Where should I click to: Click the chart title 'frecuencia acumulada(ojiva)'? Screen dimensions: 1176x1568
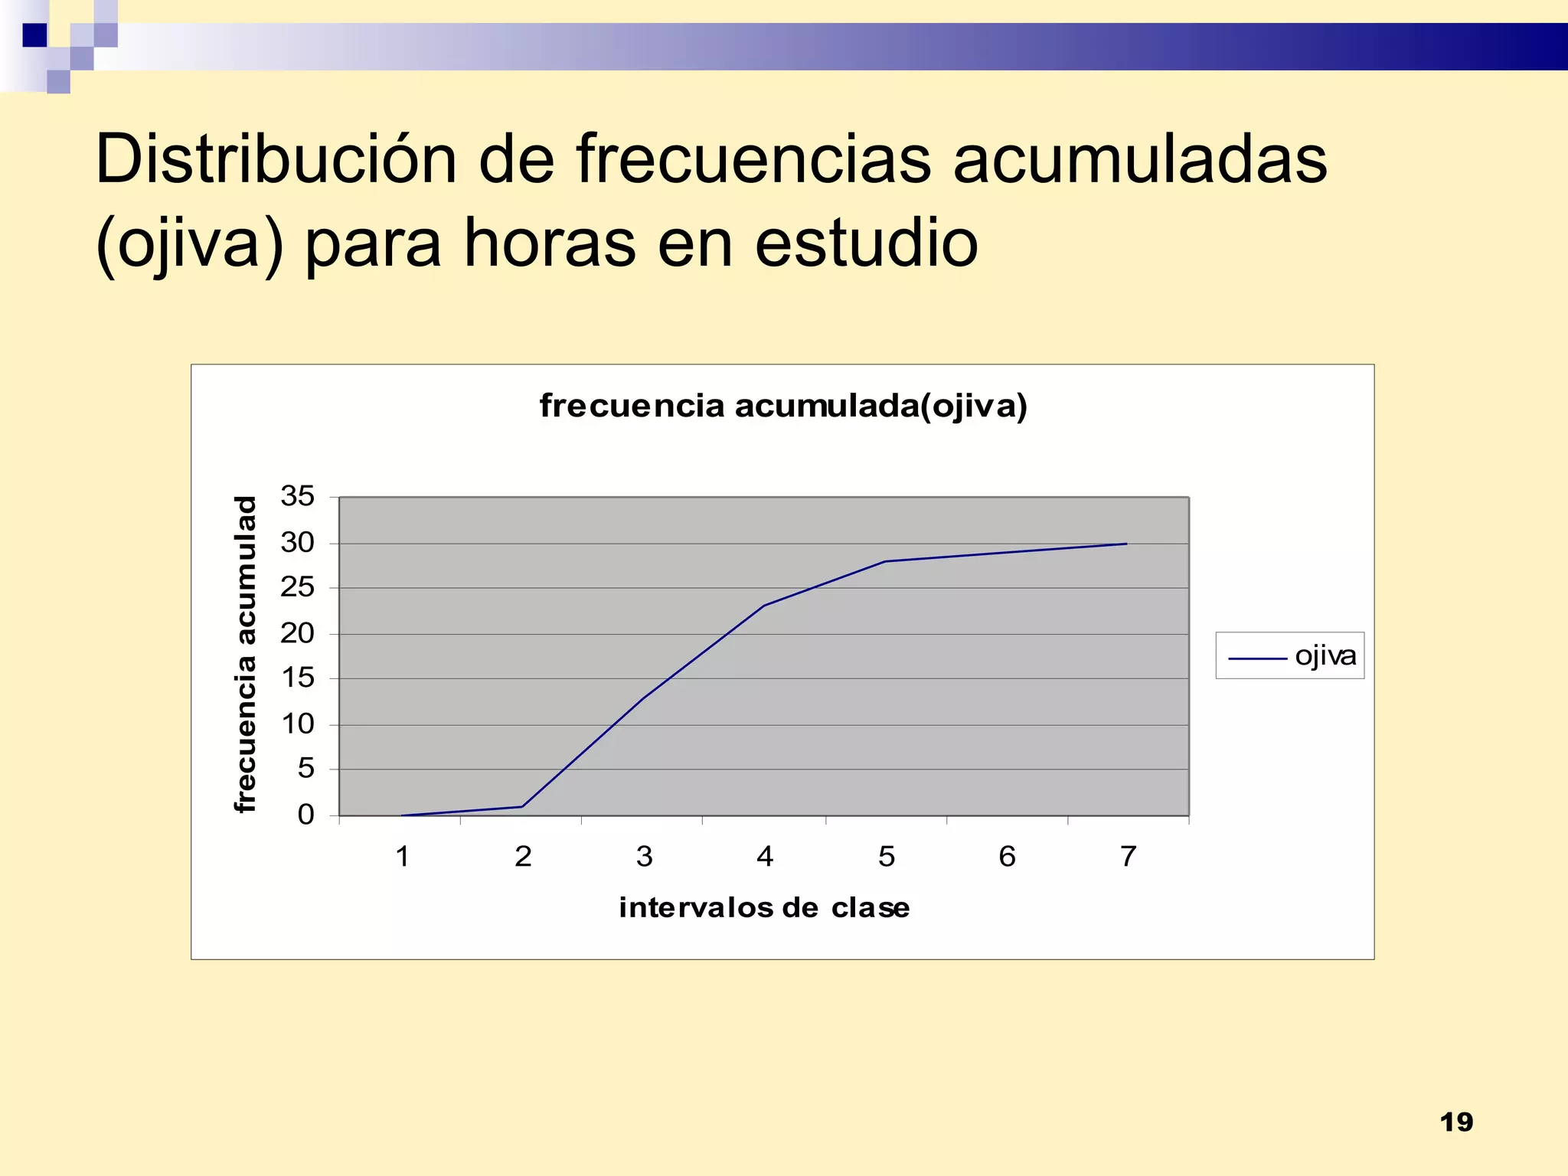pyautogui.click(x=782, y=406)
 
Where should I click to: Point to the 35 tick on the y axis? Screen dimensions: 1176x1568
pyautogui.click(x=297, y=496)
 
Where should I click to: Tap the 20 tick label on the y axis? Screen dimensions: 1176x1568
pyautogui.click(x=297, y=633)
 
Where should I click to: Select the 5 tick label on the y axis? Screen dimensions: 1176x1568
pyautogui.click(x=305, y=768)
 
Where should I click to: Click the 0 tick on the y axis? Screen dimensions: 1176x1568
pyautogui.click(x=305, y=815)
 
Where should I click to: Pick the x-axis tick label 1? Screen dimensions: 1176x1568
pyautogui.click(x=402, y=856)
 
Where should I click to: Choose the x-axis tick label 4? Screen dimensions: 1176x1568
pyautogui.click(x=764, y=856)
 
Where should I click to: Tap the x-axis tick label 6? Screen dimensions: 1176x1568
pyautogui.click(x=1007, y=856)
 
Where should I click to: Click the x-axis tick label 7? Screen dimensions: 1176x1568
pyautogui.click(x=1128, y=856)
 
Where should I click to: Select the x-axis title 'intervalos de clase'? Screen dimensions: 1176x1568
pyautogui.click(x=764, y=907)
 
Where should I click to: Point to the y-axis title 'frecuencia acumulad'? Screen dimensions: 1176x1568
pyautogui.click(x=244, y=655)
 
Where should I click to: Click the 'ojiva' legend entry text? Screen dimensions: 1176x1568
pyautogui.click(x=1325, y=655)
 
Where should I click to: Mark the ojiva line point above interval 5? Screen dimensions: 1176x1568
pyautogui.click(x=885, y=561)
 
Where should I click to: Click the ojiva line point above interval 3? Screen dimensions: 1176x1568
pyautogui.click(x=643, y=698)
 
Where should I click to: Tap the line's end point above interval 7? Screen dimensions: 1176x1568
pyautogui.click(x=1126, y=544)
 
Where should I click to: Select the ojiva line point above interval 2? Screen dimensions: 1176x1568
pyautogui.click(x=522, y=806)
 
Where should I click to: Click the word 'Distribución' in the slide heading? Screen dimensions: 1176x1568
pyautogui.click(x=276, y=159)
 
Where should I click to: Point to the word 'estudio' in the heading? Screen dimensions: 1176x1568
pyautogui.click(x=866, y=243)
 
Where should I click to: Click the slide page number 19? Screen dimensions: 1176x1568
pyautogui.click(x=1456, y=1122)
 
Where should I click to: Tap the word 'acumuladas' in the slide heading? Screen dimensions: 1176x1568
pyautogui.click(x=1140, y=159)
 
